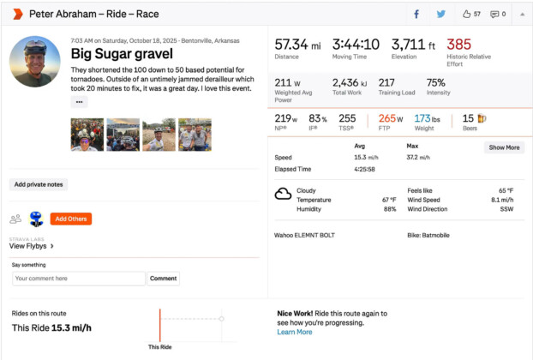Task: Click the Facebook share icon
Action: tap(416, 14)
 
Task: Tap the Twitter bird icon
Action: tap(440, 14)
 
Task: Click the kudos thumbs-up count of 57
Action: tap(471, 14)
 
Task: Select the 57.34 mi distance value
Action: tap(297, 45)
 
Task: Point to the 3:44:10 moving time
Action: tap(355, 45)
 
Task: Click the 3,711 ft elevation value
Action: tap(414, 45)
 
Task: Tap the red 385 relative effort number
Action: tap(458, 45)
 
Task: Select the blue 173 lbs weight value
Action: tap(426, 119)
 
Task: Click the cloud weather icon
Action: tap(283, 194)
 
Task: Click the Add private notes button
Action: tap(39, 184)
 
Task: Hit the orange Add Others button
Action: tap(71, 219)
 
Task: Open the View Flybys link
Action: tap(31, 246)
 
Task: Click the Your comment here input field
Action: tap(78, 279)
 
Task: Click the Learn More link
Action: tap(294, 332)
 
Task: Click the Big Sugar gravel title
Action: tap(122, 54)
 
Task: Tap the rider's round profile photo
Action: tap(35, 62)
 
